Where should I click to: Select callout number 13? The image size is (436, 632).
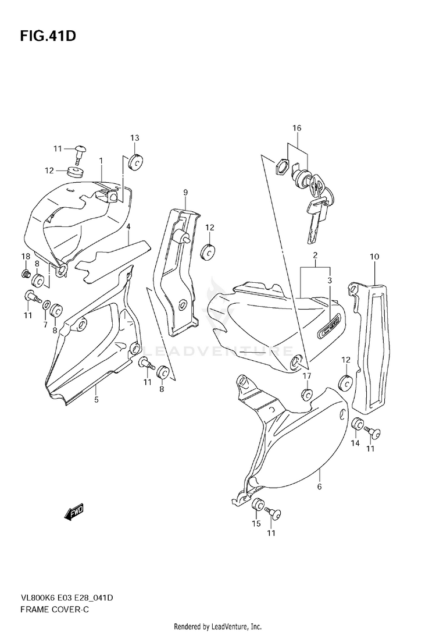click(135, 138)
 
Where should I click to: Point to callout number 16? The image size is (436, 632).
click(297, 128)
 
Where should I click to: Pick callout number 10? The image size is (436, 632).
click(374, 256)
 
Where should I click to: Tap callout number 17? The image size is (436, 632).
click(306, 376)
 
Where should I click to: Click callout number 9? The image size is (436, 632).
click(185, 192)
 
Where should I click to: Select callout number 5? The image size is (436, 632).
click(97, 399)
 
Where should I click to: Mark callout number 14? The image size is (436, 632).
click(355, 443)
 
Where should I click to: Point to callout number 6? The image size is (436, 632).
click(319, 487)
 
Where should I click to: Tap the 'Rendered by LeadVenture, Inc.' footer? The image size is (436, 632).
click(218, 626)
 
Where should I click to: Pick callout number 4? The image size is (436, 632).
click(128, 226)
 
